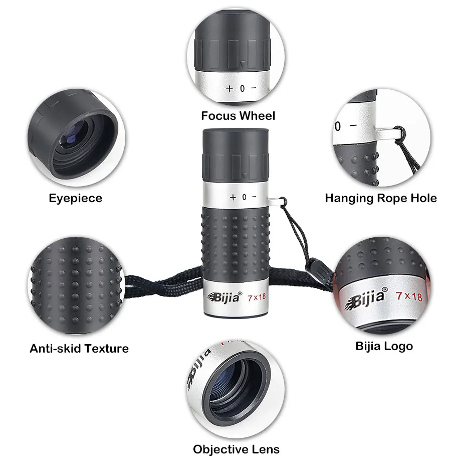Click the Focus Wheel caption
click(238, 116)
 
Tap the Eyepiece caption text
click(76, 199)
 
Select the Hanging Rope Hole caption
click(381, 198)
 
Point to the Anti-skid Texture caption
click(79, 349)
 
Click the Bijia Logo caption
click(384, 347)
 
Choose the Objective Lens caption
click(236, 449)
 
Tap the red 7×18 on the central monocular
click(257, 297)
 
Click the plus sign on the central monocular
click(233, 198)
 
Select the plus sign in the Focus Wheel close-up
click(230, 89)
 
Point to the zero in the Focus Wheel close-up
click(242, 89)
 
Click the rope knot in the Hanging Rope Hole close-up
click(400, 133)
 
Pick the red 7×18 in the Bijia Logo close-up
click(409, 296)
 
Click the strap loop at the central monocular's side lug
click(283, 202)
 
